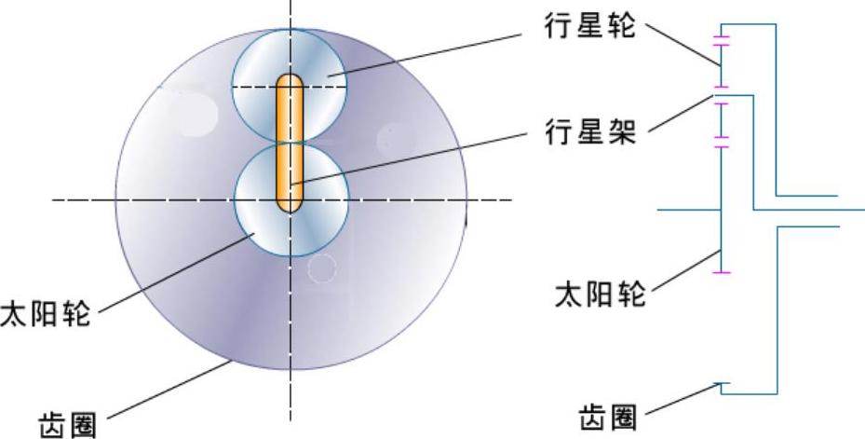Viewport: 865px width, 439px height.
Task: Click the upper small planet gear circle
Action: point(317,65)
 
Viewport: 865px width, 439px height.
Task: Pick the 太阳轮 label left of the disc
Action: point(46,312)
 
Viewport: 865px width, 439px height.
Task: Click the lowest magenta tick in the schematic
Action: point(721,272)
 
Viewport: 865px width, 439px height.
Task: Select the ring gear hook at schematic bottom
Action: point(724,387)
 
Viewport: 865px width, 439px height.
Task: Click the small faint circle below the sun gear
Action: point(321,268)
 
